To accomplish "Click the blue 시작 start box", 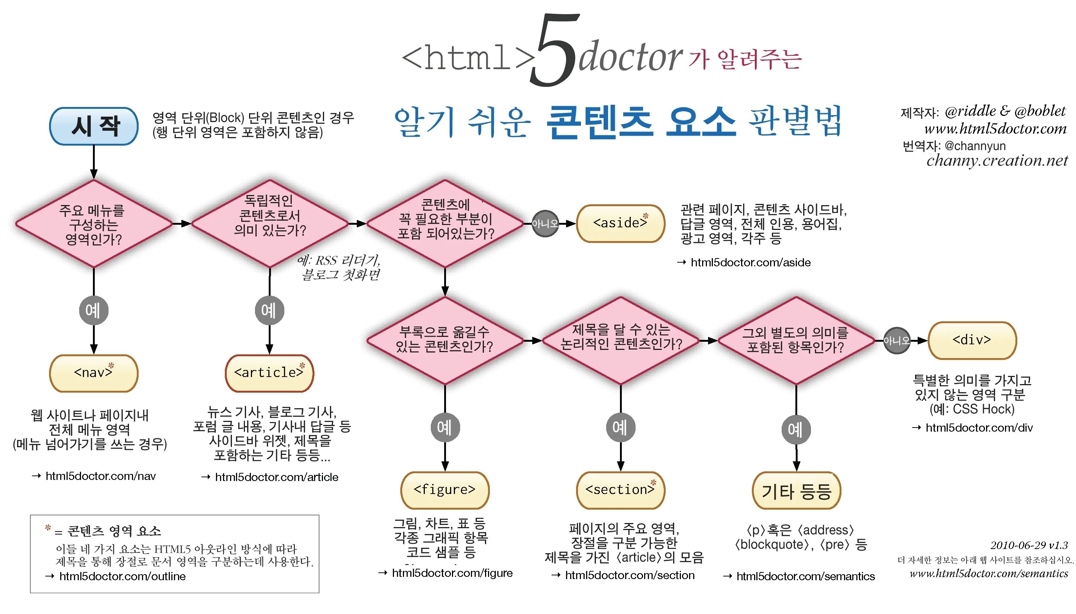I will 94,126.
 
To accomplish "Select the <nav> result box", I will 94,373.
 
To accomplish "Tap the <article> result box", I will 269,373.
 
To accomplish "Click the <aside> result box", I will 620,223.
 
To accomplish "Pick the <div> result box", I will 972,340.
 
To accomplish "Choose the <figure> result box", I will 445,490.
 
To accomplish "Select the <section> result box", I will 620,490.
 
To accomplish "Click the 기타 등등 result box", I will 796,491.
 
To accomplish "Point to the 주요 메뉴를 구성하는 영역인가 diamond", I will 94,224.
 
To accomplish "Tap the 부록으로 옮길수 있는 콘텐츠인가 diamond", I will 445,340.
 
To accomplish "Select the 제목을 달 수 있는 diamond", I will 620,340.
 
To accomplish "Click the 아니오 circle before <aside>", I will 545,224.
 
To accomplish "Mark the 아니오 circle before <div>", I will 896,340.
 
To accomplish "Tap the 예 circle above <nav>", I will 93,311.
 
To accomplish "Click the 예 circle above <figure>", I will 445,427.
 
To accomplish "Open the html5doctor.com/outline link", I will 122,576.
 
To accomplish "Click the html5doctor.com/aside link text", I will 750,262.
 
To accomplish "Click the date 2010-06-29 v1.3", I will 1029,545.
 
